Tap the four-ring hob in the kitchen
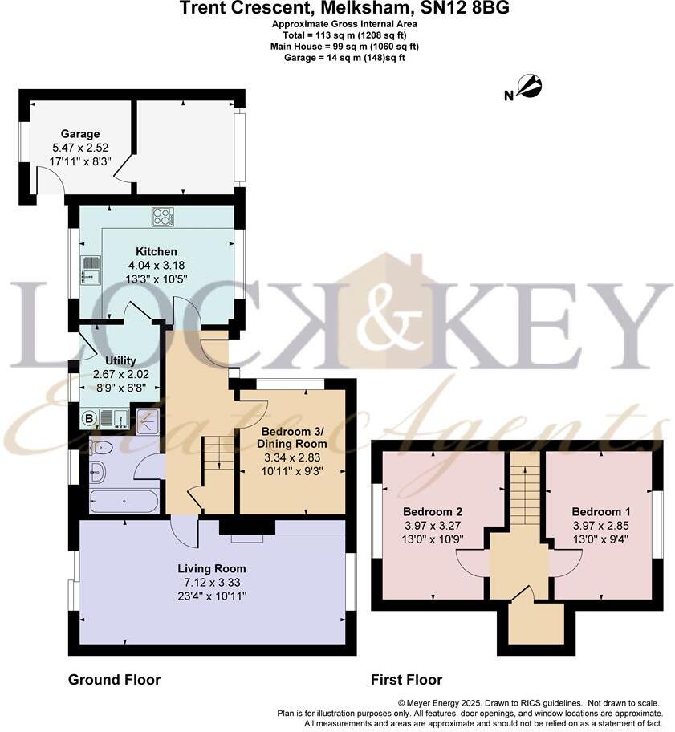(x=163, y=217)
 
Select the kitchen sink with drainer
(x=91, y=270)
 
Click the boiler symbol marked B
(x=88, y=417)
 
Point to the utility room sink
(x=113, y=417)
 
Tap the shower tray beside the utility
(x=148, y=419)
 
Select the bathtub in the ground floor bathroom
(x=124, y=502)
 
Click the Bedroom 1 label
(x=596, y=511)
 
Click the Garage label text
(x=79, y=134)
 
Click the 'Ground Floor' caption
(x=114, y=680)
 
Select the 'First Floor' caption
(x=406, y=680)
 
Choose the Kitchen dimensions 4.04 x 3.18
(x=157, y=266)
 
